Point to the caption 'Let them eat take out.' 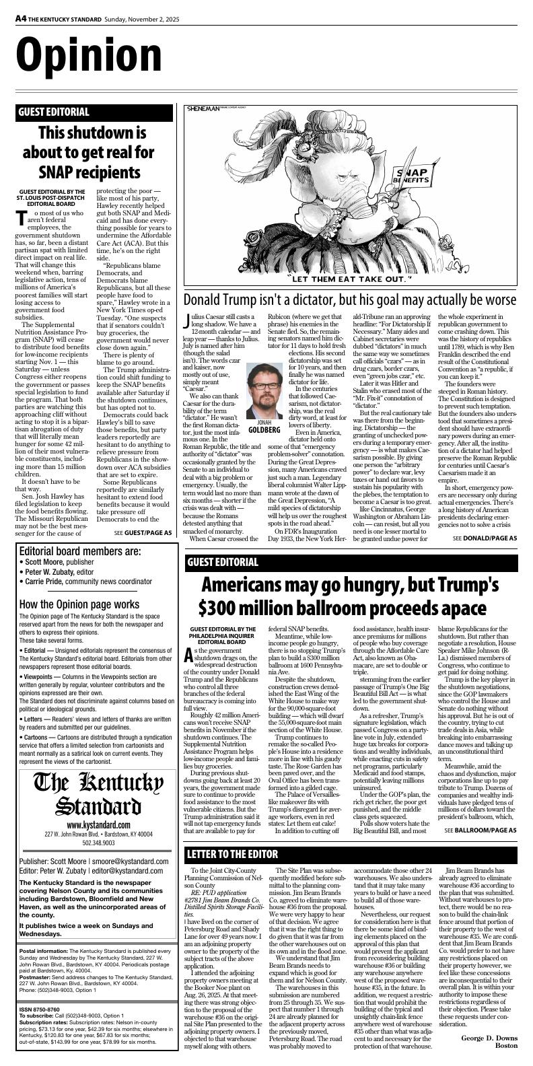pos(349,278)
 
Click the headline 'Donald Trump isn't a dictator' pos(350,299)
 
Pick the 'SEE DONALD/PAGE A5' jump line pos(485,538)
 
